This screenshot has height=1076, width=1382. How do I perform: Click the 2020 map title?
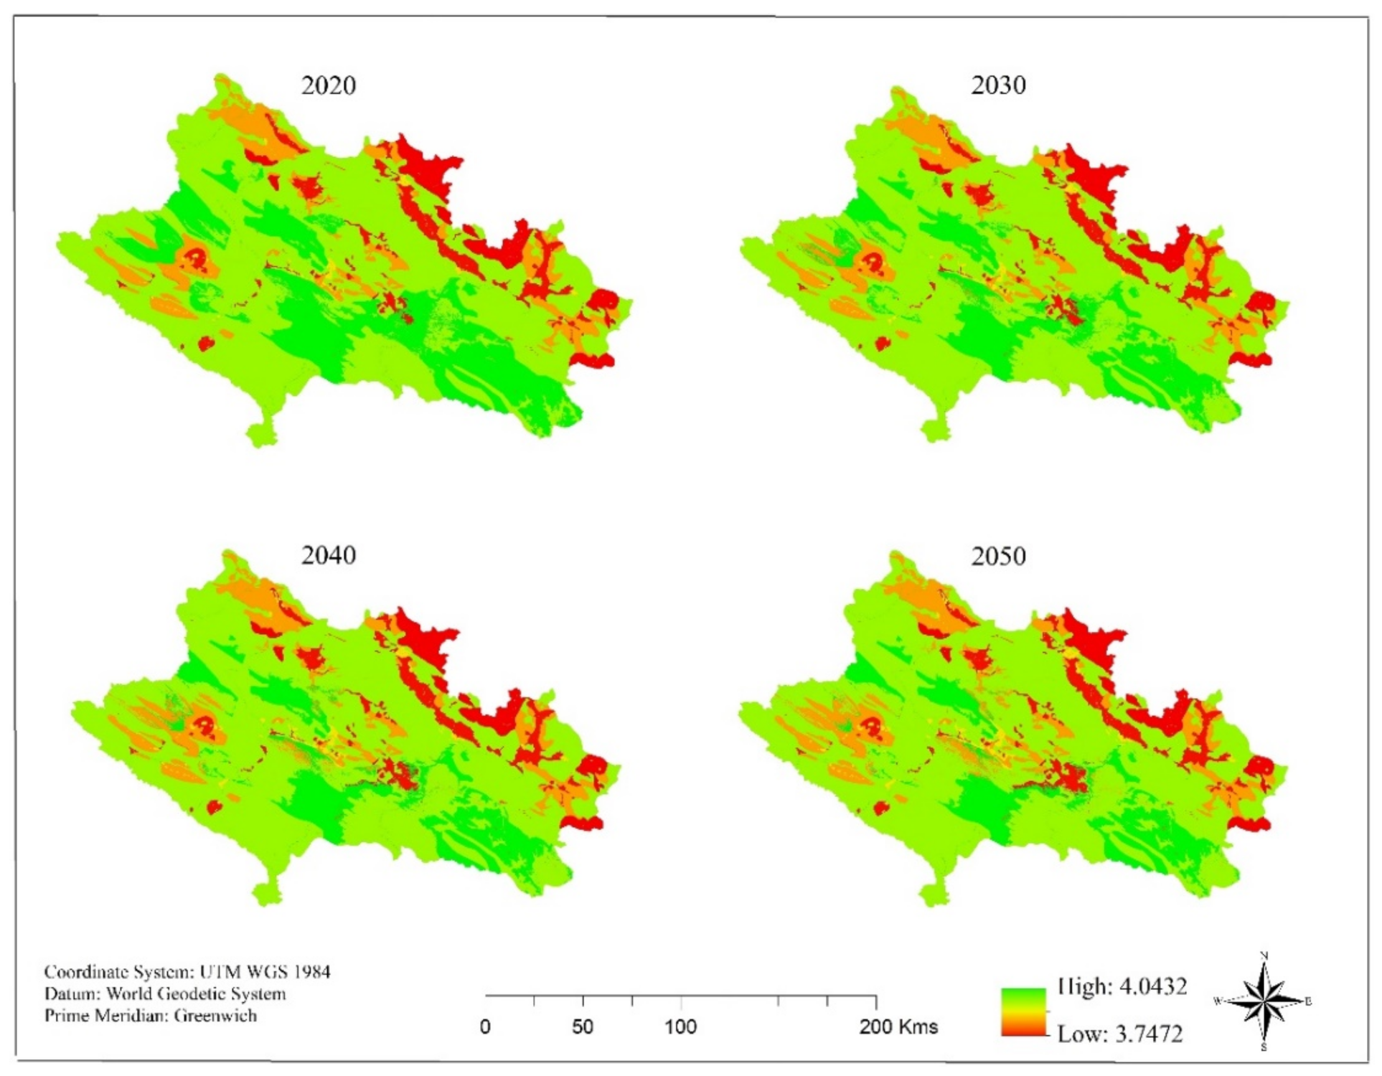(x=328, y=85)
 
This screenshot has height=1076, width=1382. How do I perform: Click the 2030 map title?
(x=998, y=85)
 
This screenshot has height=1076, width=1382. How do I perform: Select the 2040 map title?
(x=328, y=555)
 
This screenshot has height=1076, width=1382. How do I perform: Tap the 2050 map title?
(x=998, y=556)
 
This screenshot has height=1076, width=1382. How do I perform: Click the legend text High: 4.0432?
(x=1122, y=986)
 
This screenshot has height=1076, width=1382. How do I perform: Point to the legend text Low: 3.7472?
(x=1119, y=1034)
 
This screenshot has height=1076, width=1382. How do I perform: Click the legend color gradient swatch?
(x=1023, y=1012)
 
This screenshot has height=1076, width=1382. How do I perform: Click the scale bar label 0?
(x=485, y=1027)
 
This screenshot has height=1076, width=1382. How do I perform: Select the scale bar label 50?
(x=583, y=1027)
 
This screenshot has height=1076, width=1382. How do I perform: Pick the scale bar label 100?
(x=680, y=1027)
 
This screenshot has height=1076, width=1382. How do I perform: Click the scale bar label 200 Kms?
(x=898, y=1027)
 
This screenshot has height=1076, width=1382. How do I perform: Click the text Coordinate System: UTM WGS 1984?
(x=187, y=972)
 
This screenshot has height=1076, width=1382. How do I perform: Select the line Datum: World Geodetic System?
(x=165, y=994)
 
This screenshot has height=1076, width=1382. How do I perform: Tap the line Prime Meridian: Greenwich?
(x=151, y=1015)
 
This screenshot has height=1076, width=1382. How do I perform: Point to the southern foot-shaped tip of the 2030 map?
(x=935, y=430)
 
